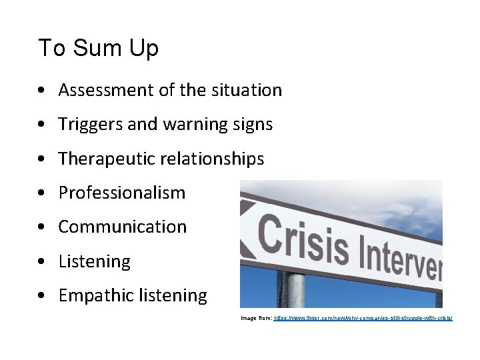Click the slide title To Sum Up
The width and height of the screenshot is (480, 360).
(98, 49)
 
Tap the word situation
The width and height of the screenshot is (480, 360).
(248, 90)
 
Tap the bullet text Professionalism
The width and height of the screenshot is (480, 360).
(122, 193)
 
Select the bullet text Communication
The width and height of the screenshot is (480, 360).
(123, 227)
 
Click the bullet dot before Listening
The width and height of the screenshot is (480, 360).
(42, 262)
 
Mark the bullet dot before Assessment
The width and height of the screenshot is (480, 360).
(42, 91)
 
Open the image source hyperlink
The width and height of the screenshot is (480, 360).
(363, 319)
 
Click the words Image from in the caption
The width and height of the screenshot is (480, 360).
(257, 319)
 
